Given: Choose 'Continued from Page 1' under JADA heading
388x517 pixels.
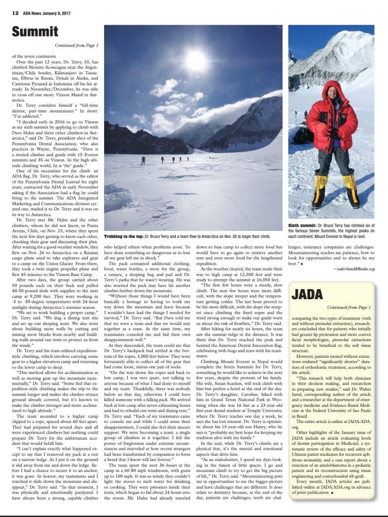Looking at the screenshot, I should click(x=349, y=307).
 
